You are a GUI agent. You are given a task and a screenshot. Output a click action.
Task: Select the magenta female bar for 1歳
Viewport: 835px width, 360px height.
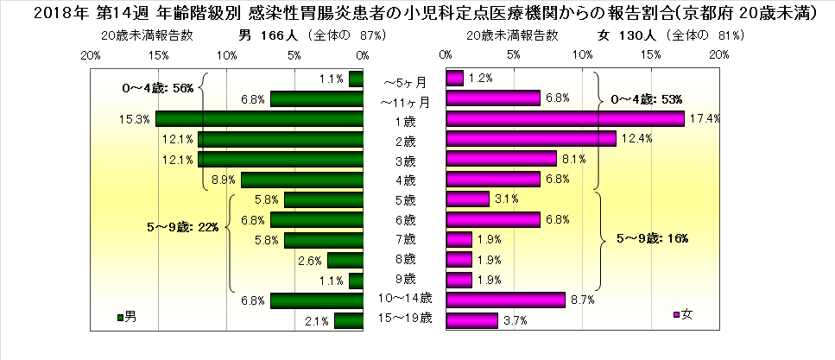(x=565, y=119)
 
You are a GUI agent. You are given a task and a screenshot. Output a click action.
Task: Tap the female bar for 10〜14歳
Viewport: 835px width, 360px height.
(x=505, y=300)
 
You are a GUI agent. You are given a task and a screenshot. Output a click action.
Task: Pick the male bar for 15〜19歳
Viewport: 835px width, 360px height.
(x=349, y=320)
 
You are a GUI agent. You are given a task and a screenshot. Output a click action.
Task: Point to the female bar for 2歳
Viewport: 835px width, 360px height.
(x=531, y=139)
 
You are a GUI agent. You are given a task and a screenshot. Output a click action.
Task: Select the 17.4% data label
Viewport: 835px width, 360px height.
(x=699, y=119)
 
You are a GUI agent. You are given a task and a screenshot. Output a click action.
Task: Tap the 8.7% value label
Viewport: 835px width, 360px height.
(x=580, y=300)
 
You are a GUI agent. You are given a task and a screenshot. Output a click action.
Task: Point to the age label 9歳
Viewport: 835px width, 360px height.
(x=404, y=279)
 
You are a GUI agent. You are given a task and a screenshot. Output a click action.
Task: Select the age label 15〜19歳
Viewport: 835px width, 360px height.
(x=404, y=319)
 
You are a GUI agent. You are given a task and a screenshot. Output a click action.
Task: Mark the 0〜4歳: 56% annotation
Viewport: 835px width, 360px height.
(x=157, y=87)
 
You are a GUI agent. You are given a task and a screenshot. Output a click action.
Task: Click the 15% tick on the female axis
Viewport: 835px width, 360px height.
(x=652, y=54)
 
